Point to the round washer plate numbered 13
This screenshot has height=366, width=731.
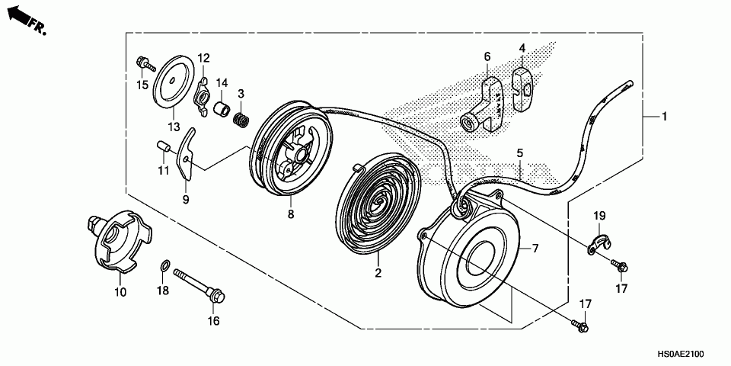pyautogui.click(x=174, y=80)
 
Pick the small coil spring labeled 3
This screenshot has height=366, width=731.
pyautogui.click(x=241, y=120)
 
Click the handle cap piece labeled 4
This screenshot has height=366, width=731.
pyautogui.click(x=523, y=88)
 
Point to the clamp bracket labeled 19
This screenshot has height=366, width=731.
pyautogui.click(x=600, y=242)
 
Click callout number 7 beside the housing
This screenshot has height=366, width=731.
pyautogui.click(x=535, y=249)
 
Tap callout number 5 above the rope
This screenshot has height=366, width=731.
pyautogui.click(x=519, y=153)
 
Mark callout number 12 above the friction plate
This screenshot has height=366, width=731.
pyautogui.click(x=203, y=58)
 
